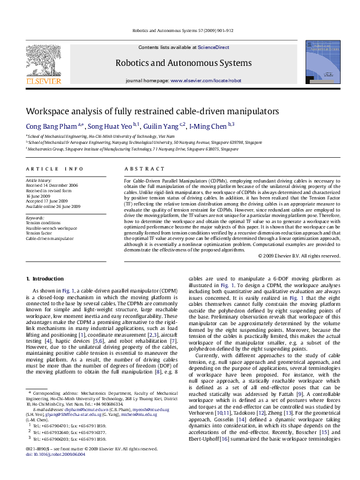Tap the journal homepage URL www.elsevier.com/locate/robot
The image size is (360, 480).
(206, 80)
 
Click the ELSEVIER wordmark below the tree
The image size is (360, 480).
(43, 81)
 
